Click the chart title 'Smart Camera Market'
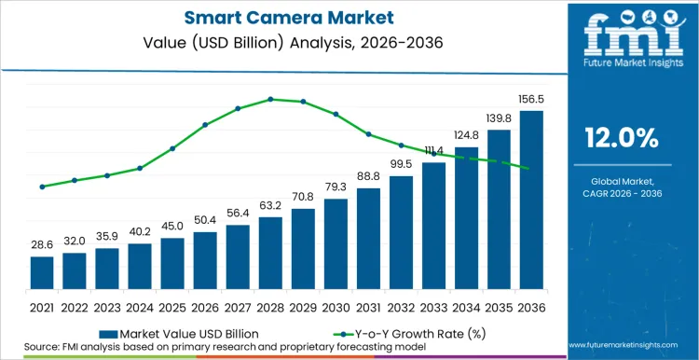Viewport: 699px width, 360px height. [279, 16]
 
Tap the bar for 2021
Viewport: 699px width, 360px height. [42, 272]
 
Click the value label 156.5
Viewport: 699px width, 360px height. [531, 98]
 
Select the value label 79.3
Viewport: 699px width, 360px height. [336, 186]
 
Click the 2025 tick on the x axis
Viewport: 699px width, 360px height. [172, 307]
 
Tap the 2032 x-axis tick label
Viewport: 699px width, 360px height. [401, 307]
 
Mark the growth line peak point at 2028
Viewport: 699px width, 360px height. [270, 99]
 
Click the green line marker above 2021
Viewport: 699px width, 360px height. [42, 187]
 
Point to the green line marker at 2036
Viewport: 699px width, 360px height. [528, 168]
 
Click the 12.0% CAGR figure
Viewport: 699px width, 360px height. [622, 138]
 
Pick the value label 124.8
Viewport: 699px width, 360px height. [466, 135]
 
